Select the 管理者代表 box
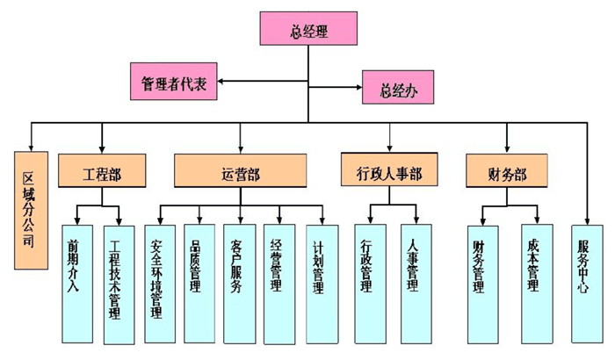point(172,83)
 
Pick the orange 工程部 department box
point(102,171)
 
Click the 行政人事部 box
point(390,170)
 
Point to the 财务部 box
point(508,170)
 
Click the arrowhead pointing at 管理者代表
point(221,83)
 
